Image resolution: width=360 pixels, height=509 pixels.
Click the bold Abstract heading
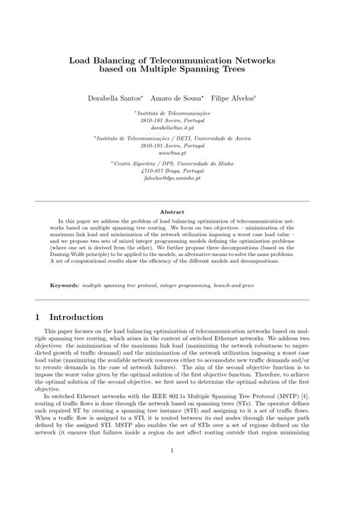[179, 212]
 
